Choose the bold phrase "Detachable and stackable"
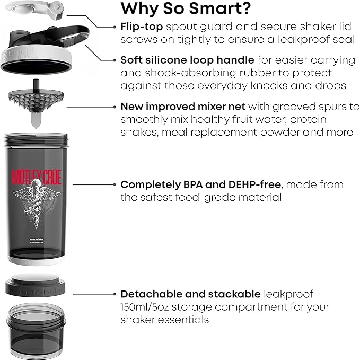[x=190, y=294]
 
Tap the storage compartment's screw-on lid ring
[x=37, y=287]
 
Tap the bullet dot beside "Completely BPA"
[x=115, y=185]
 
